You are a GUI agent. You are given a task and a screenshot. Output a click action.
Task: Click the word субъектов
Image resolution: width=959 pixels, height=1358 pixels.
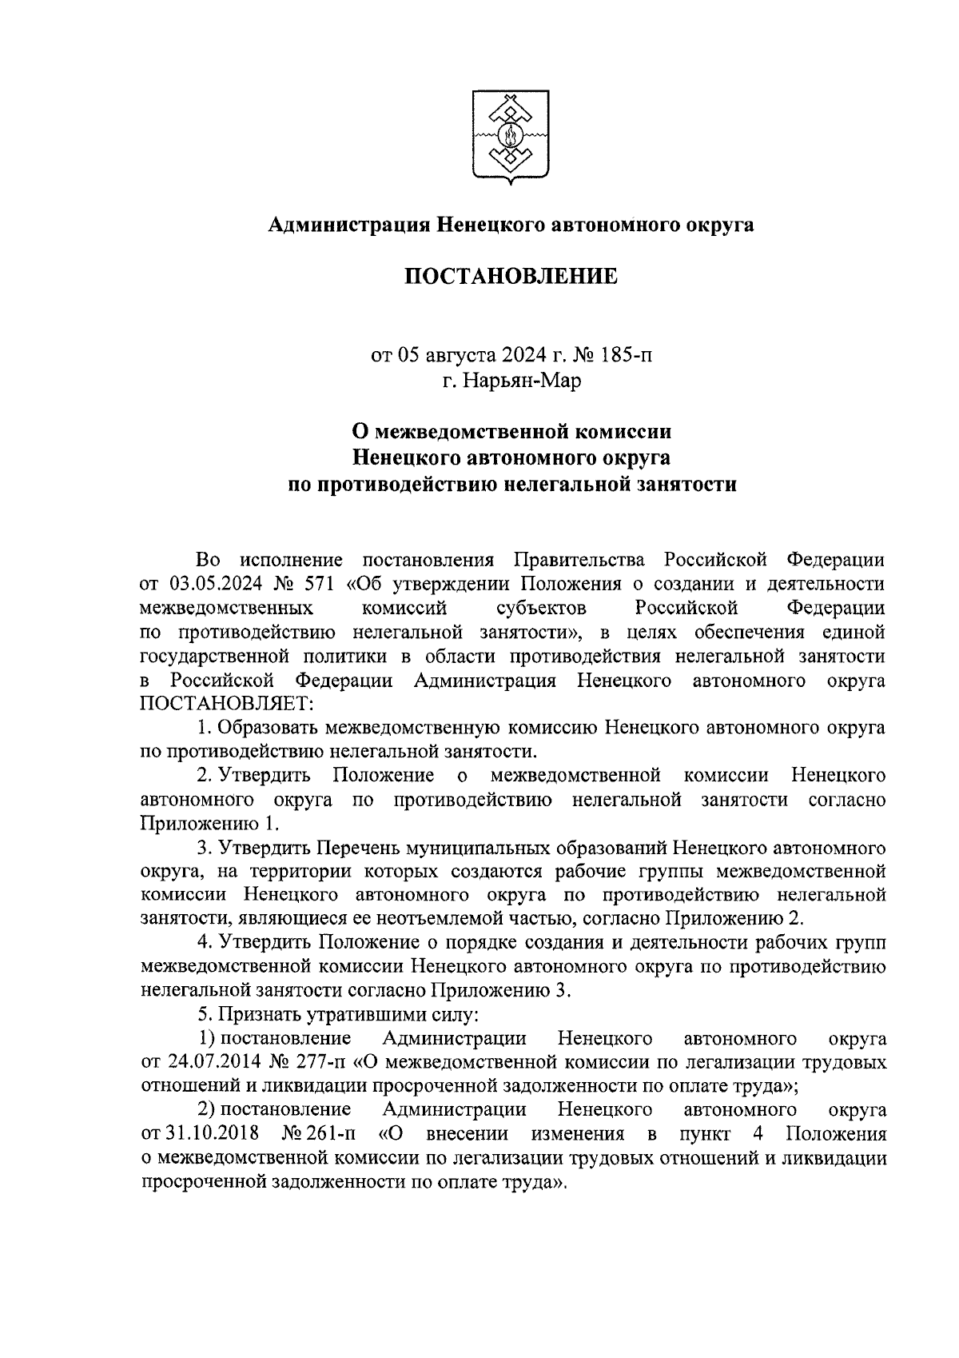(x=541, y=608)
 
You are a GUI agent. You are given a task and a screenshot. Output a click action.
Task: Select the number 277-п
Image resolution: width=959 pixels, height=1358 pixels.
(x=321, y=1063)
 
